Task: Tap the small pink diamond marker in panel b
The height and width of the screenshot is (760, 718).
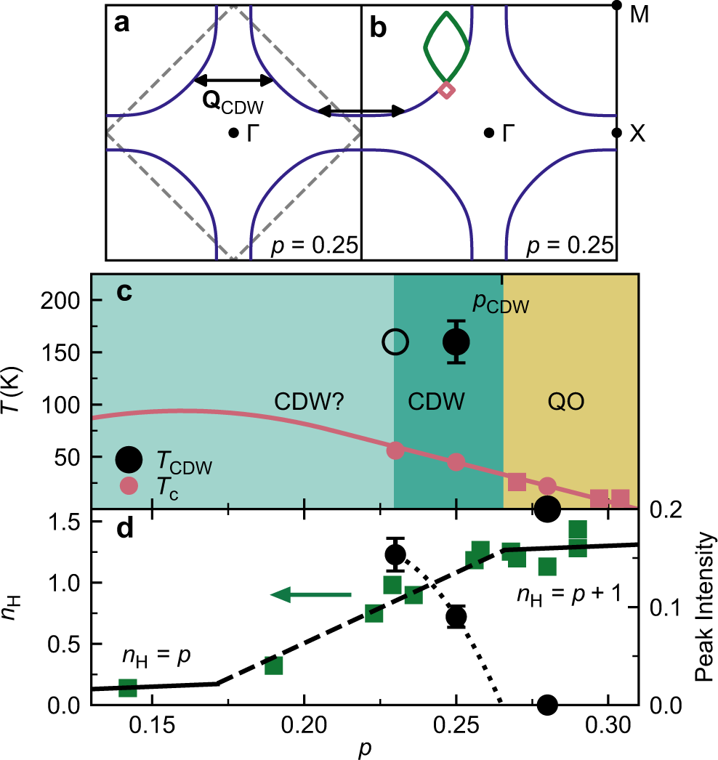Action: tap(447, 90)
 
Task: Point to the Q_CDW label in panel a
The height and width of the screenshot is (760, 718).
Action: tap(233, 105)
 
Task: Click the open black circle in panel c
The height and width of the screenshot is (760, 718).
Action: tap(395, 341)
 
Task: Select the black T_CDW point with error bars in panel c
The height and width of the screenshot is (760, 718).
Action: tap(456, 341)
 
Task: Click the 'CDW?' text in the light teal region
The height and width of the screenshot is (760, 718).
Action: tap(304, 401)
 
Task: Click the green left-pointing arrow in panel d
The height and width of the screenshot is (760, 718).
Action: tap(310, 595)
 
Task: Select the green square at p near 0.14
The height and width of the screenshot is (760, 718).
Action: tap(128, 687)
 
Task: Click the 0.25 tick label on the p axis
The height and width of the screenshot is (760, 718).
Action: tap(456, 726)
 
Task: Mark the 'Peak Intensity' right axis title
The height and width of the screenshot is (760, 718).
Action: tap(703, 608)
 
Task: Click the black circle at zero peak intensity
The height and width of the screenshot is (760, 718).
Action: tap(548, 704)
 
